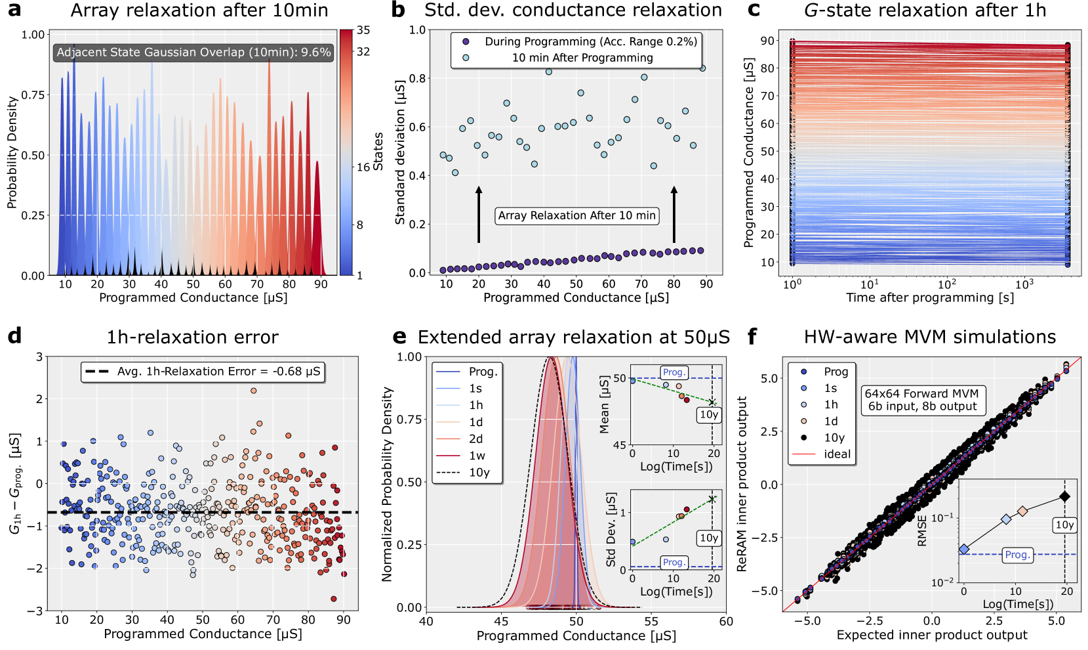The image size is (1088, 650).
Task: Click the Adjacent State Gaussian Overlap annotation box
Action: tap(193, 53)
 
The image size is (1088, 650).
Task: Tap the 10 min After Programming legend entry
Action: tap(582, 58)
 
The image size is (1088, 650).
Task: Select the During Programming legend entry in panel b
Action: tap(590, 41)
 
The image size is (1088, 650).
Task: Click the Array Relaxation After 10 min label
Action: tap(576, 215)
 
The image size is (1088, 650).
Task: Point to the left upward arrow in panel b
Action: tap(479, 215)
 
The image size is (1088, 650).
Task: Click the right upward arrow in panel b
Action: tap(674, 215)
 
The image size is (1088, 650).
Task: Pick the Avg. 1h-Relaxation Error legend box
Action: tap(203, 372)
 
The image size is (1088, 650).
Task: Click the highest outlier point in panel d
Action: tap(253, 391)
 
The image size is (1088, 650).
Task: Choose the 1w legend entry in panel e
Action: tap(477, 456)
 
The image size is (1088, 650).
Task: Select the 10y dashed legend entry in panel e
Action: tap(479, 473)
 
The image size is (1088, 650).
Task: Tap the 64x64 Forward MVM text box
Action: tap(921, 400)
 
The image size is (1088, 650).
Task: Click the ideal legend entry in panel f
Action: tap(837, 454)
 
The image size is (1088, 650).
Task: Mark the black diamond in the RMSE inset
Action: tap(1065, 496)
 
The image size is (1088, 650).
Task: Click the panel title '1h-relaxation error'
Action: tap(192, 337)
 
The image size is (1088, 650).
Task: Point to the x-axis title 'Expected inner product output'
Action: tap(932, 635)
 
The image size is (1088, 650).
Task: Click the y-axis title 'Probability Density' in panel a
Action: tap(12, 152)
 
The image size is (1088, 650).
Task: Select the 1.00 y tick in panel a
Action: tap(33, 35)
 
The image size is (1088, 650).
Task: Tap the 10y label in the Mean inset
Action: tap(709, 414)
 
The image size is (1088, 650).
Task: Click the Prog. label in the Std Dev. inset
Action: tap(674, 562)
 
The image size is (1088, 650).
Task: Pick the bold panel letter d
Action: tap(14, 337)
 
